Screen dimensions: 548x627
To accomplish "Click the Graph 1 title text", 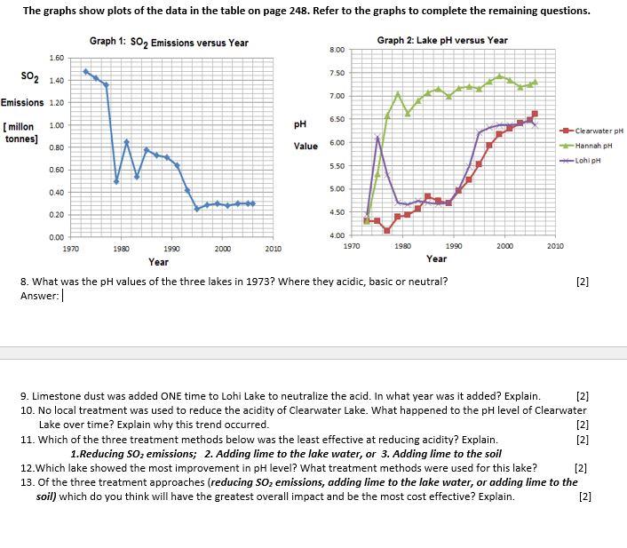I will (x=169, y=43).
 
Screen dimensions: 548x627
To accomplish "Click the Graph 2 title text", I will (x=442, y=40).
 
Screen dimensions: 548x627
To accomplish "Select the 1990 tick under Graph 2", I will (x=454, y=244).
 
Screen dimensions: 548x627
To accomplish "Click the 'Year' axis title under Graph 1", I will (x=158, y=262).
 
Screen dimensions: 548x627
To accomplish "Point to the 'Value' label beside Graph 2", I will (x=306, y=146).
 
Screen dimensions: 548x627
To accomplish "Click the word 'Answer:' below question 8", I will (x=39, y=296).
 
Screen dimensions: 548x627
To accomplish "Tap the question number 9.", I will (x=23, y=396).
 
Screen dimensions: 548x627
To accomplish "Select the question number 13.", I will (x=26, y=482).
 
